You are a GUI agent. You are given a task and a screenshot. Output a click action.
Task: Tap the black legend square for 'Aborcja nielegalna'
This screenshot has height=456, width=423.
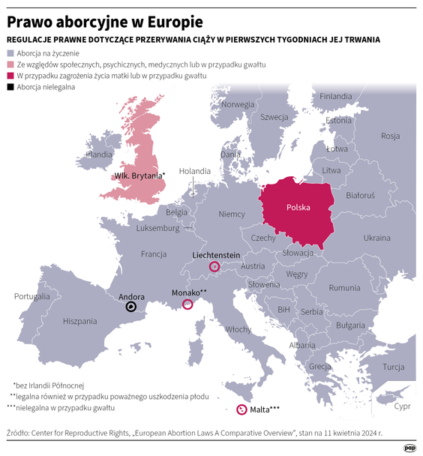point(10,87)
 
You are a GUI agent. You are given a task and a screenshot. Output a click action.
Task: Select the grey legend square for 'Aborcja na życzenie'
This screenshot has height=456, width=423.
point(10,53)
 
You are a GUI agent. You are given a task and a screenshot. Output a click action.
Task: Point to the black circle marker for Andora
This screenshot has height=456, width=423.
point(131,306)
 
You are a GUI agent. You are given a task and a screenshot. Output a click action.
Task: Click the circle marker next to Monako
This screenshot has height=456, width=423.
point(187,304)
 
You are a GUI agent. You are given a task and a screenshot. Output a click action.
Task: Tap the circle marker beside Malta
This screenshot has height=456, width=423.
point(241,409)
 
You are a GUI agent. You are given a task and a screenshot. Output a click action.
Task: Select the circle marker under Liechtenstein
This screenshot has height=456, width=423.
point(214,266)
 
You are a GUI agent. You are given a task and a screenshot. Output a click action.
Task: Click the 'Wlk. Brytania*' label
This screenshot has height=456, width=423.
point(139,175)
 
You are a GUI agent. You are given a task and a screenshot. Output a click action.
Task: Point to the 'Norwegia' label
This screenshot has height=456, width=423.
point(238,104)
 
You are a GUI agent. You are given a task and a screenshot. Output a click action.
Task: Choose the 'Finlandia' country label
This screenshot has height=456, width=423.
point(335,97)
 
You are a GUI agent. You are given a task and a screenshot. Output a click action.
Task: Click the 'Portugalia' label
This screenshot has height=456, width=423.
point(31,296)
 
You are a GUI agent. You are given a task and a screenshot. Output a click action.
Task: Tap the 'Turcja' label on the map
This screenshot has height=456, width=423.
point(393,367)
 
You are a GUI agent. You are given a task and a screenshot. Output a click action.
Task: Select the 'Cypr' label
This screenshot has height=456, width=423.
point(402,407)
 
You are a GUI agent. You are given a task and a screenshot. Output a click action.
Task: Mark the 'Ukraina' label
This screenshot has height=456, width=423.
point(376,238)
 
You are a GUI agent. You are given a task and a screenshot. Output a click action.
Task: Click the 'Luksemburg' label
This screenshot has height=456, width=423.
point(158,228)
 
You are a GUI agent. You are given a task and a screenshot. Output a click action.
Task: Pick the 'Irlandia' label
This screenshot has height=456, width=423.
point(99,154)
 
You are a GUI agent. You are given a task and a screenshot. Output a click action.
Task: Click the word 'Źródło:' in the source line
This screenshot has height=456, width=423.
point(20,433)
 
